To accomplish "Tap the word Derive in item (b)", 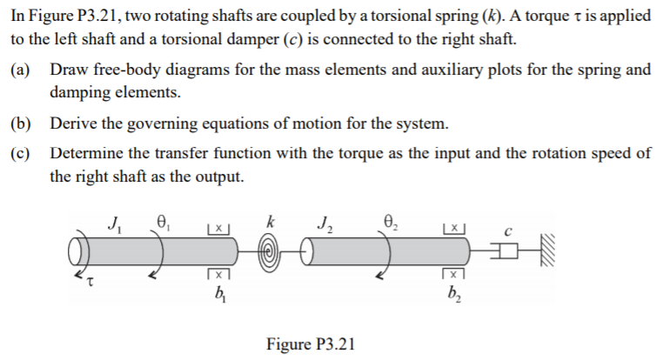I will click(x=73, y=123).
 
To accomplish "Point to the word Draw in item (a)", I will click(x=68, y=69).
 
